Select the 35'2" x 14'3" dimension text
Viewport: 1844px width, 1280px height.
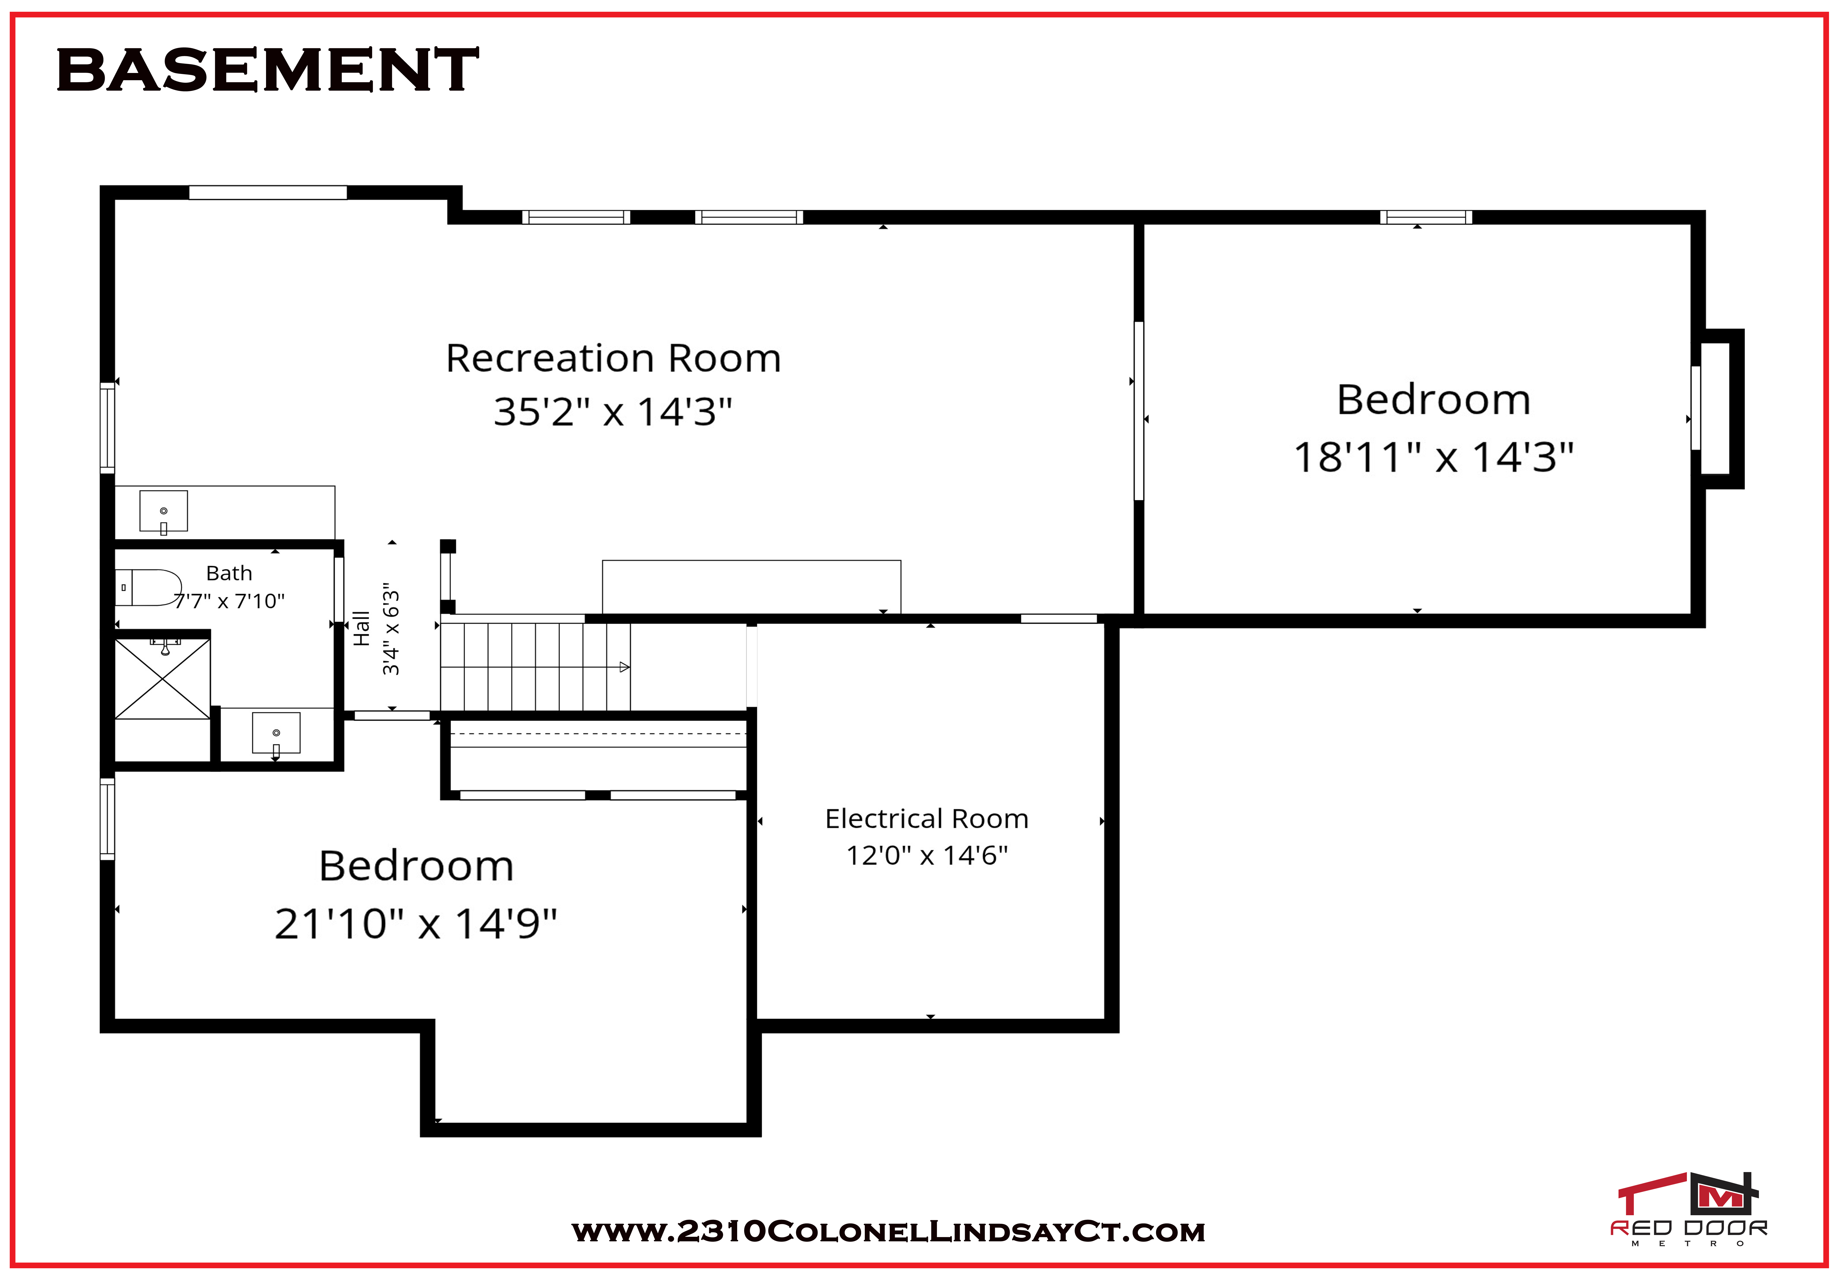coord(613,411)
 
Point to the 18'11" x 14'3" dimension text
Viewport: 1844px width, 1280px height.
coord(1434,457)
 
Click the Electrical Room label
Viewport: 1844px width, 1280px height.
coord(927,819)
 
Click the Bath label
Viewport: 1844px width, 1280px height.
coord(229,574)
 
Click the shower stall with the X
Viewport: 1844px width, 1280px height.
coord(163,678)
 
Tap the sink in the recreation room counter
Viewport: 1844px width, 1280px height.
coord(164,511)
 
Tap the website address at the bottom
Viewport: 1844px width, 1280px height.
coord(888,1232)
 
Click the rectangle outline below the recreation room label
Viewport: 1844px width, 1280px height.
coord(751,587)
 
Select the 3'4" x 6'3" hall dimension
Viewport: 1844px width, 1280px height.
coord(390,629)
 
